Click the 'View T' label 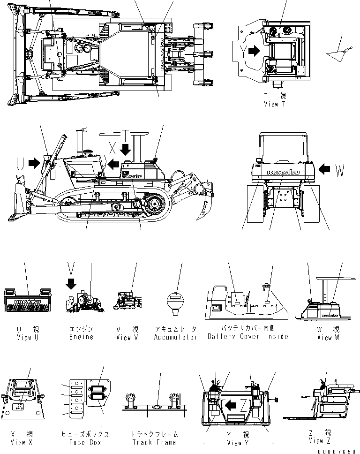[x=274, y=104]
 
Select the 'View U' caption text [x=24, y=337]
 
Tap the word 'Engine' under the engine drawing [x=81, y=337]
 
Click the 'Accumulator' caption [x=176, y=337]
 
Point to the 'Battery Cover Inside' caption [x=247, y=337]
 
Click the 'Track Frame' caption [x=154, y=442]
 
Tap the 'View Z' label [x=321, y=441]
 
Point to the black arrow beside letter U [x=34, y=163]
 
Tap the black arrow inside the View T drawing [x=254, y=51]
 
